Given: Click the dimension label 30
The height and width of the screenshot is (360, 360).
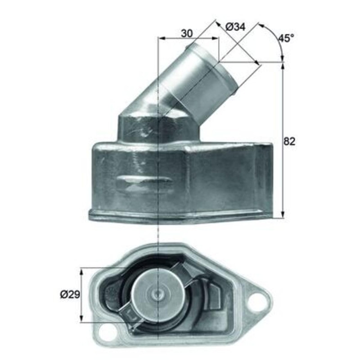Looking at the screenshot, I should [x=187, y=33].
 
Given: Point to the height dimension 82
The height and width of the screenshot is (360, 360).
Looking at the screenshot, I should [x=289, y=141].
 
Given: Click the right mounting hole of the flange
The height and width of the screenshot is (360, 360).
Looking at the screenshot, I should [x=256, y=300].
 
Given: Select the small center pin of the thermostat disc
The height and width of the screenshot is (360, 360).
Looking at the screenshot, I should [x=158, y=295].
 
